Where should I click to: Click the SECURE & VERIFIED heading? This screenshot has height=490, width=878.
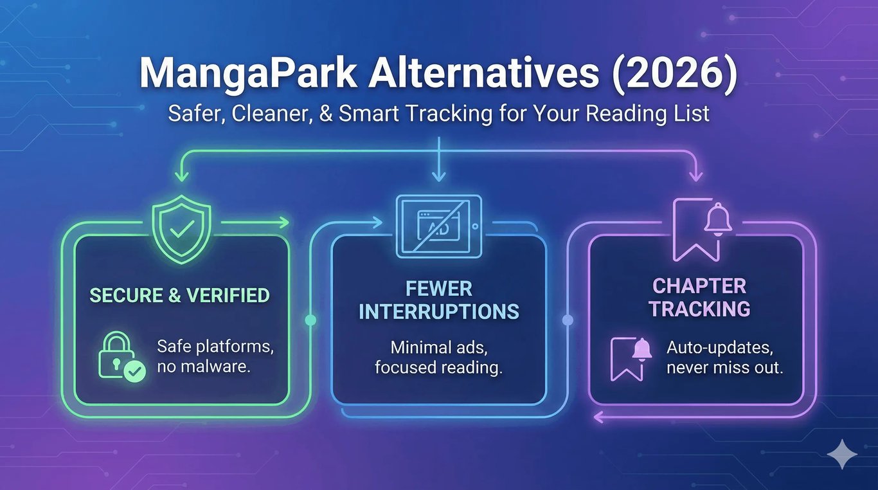(x=179, y=295)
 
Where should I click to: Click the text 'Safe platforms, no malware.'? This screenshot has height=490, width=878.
(x=215, y=358)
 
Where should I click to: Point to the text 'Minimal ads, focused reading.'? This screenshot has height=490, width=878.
(x=438, y=358)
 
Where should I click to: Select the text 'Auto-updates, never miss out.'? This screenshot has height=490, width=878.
(x=724, y=358)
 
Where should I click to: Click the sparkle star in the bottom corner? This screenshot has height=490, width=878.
(x=841, y=455)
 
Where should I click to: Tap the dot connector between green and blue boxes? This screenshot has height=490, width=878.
(x=310, y=320)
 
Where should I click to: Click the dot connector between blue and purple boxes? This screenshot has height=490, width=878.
(x=568, y=320)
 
